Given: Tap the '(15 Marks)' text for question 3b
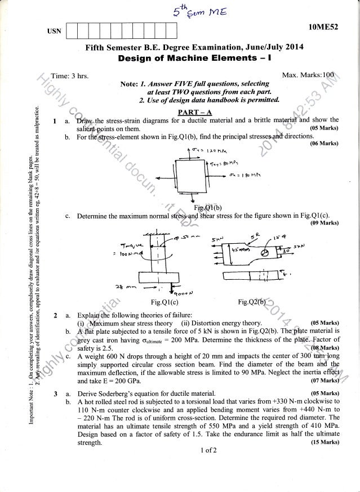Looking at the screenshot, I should pos(324,442).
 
